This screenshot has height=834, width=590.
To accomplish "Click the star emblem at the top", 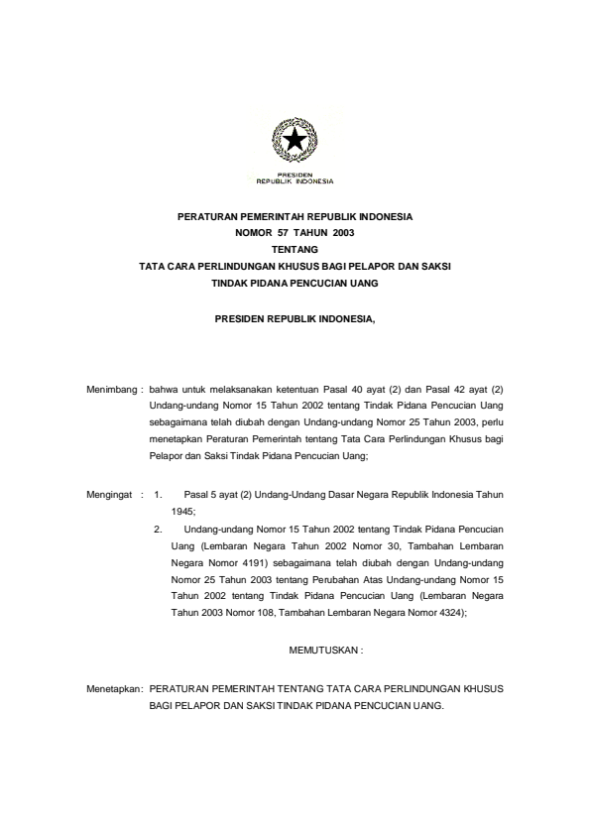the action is pos(295,142).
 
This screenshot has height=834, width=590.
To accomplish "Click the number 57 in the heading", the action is pos(265,232).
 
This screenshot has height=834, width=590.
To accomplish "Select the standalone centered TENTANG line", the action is pos(295,249).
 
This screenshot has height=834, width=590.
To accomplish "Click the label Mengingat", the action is pos(113,490).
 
